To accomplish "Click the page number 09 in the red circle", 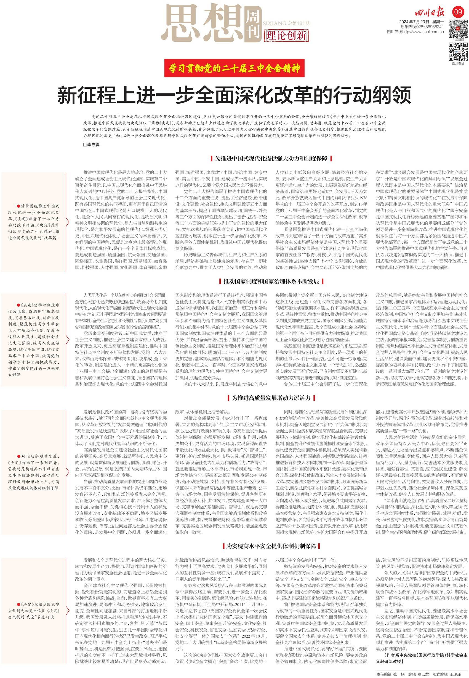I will [x=458, y=12].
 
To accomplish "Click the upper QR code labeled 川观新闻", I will [x=458, y=28].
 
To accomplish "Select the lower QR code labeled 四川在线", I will [x=458, y=52].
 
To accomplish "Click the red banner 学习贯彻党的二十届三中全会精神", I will [x=234, y=68].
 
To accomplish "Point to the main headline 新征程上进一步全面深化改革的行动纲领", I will [x=234, y=95].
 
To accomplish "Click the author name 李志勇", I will [x=93, y=145].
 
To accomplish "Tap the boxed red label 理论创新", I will [x=286, y=36].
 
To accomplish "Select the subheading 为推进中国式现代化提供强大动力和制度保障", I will [x=271, y=159].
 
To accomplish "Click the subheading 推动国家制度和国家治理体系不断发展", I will [x=271, y=281].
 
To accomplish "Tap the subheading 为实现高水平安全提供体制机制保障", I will [x=271, y=538].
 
